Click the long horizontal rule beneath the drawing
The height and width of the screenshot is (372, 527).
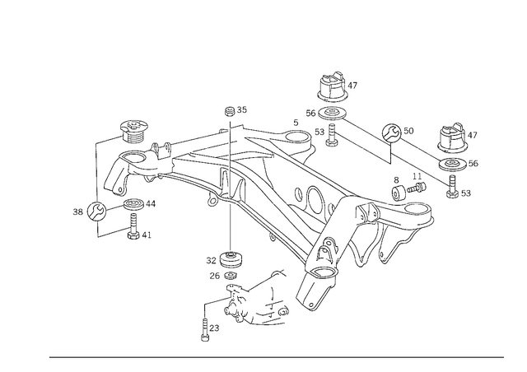point(276,356)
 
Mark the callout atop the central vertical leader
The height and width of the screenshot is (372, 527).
point(234,110)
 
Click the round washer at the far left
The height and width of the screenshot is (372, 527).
point(93,212)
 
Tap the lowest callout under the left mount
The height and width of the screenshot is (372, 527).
point(141,237)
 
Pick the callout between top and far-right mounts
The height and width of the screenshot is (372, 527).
point(399,129)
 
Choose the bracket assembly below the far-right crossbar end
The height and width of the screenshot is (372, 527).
point(408,193)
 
